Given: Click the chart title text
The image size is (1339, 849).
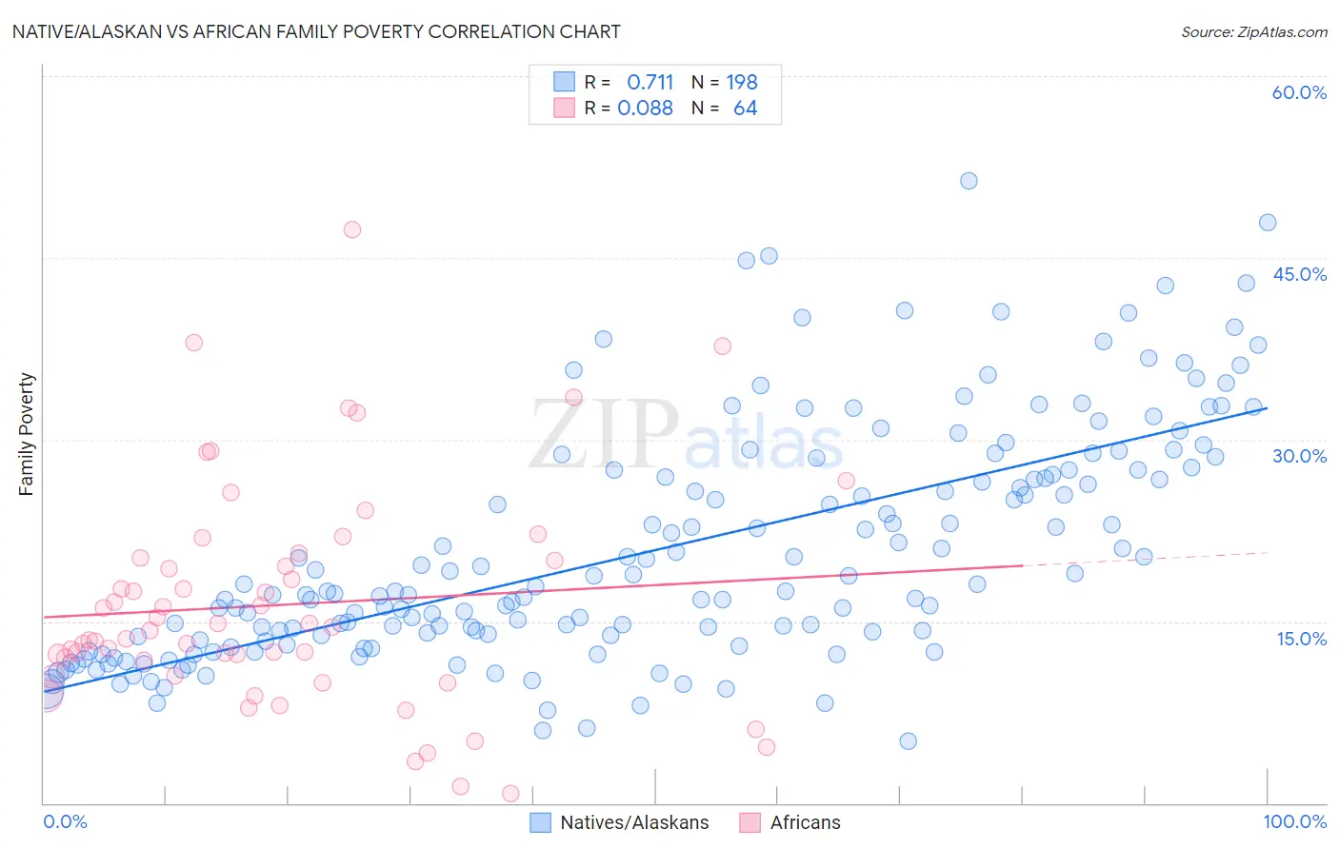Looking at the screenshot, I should coord(315,32).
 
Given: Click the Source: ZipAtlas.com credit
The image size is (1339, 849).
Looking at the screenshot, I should coord(1253,32).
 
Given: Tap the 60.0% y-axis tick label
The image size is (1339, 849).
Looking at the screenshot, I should coord(1299,92).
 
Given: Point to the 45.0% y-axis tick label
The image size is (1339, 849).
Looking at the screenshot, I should coord(1299,274).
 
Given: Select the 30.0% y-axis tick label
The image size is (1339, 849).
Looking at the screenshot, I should coord(1299,456).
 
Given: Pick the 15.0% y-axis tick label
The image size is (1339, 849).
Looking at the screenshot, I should coord(1301,639).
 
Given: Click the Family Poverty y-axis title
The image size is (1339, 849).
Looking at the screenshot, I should coord(27,434).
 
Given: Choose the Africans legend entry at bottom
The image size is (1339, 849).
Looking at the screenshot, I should coord(805,823).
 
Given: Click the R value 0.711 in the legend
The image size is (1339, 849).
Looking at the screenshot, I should coord(650,83).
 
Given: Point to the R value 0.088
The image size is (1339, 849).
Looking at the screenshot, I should coord(645,109).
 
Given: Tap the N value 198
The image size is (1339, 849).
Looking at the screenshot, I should coord(742,83).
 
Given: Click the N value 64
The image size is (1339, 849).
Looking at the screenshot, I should coord(745,109).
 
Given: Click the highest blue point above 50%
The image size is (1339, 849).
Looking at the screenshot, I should coord(969,181).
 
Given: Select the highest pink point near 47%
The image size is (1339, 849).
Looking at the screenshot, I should coord(352,229).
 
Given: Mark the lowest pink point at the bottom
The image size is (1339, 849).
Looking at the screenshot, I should coord(510,793).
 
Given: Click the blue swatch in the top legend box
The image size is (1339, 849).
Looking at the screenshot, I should coord(564,83).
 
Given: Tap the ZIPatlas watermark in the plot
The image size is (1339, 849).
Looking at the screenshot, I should coord(686,436).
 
